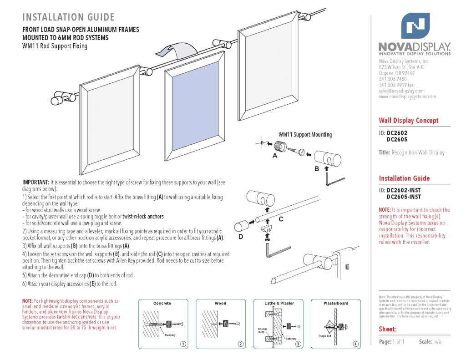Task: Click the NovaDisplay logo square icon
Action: coord(415,25)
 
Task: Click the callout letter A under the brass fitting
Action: coord(274,156)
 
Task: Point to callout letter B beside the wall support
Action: coord(317,169)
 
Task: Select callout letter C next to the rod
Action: coord(281,219)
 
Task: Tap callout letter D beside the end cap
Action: coord(241,237)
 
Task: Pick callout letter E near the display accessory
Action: coord(347,267)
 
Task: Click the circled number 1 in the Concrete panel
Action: coord(182,344)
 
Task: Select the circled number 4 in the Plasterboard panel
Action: coord(355,344)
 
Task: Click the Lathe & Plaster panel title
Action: coord(279,303)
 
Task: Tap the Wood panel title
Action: coord(220,303)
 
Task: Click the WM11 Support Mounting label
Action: coord(305,135)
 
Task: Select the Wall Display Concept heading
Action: coord(409,121)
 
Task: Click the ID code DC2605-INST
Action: coord(404,197)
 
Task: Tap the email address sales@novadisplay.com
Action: coord(401,91)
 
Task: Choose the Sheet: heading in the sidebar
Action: coord(388,329)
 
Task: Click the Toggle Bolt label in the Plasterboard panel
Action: coord(324,336)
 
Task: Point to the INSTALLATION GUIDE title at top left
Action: coord(68,17)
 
